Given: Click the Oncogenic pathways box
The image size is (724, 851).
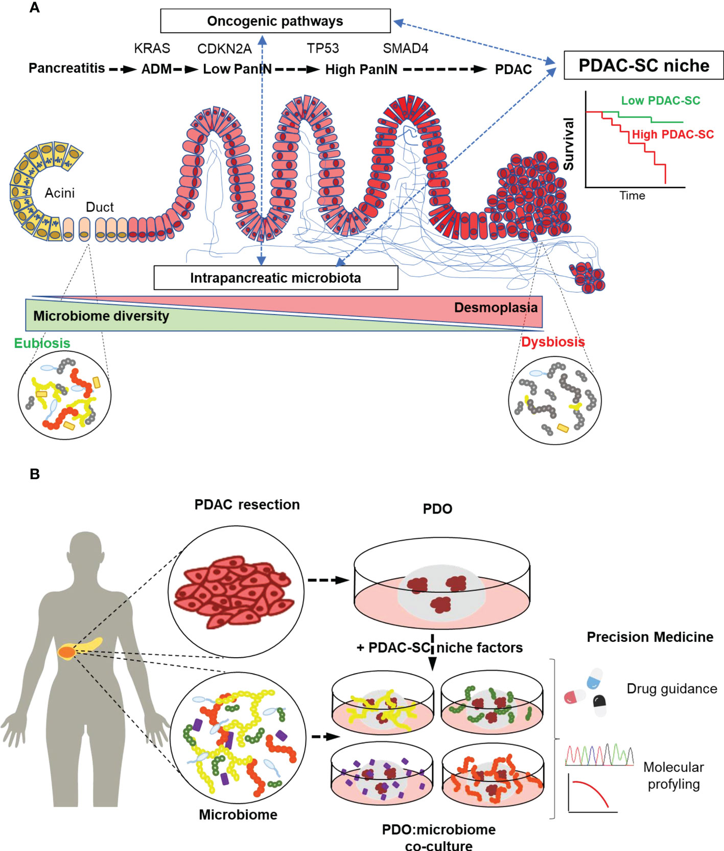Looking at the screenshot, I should point(275,21).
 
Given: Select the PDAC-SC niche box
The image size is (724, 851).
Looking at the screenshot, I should point(643,65).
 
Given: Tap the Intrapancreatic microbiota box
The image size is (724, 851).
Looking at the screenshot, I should point(275,278).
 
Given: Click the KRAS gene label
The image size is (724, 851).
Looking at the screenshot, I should point(152,49).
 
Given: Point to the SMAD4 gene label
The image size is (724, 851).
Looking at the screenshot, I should point(405,49).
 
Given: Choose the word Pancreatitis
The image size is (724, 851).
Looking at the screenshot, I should point(66,68).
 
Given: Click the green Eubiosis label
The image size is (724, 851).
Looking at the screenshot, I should point(42,343).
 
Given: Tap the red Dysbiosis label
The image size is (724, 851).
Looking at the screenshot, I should point(553,342).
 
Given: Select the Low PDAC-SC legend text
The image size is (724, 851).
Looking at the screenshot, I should point(660,101).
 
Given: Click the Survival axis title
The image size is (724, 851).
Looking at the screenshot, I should point(569,144).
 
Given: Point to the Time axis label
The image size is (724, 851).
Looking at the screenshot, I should point(632,196).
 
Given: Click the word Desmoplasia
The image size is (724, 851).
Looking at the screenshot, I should point(496,308).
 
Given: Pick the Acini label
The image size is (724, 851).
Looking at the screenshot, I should point(59,193).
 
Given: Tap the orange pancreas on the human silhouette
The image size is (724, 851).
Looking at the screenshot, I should point(67,652).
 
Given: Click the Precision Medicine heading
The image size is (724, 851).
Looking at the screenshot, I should point(650,637).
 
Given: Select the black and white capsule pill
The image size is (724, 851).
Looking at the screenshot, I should point(600,706).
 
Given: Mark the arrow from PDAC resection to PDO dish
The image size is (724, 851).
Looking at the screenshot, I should point(328,580).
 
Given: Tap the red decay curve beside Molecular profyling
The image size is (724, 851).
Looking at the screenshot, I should point(591,792).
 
